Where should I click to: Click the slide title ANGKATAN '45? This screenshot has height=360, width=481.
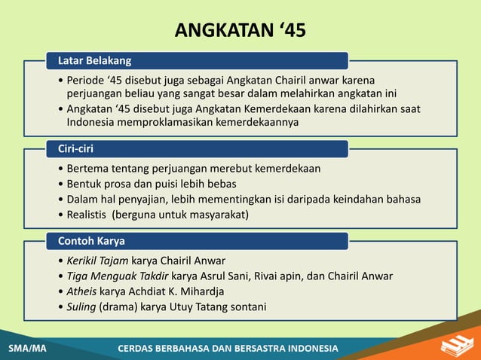(240, 31)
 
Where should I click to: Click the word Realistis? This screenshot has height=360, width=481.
(87, 214)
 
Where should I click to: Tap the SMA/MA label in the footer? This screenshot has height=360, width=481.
(27, 349)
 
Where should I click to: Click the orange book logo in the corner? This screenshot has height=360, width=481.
(454, 345)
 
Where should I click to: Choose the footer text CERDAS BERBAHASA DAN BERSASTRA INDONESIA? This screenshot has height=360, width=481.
(228, 349)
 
